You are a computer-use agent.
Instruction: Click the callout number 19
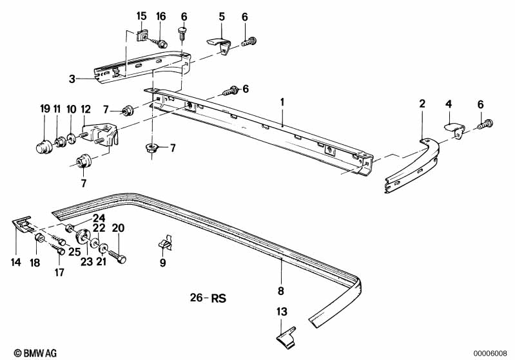[45, 109]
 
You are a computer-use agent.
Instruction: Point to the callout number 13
[282, 312]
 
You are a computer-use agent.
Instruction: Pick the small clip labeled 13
[286, 337]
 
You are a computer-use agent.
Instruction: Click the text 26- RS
[208, 298]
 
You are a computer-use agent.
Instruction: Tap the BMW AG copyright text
[35, 353]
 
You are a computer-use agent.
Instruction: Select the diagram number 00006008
[490, 353]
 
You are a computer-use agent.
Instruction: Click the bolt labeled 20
[117, 256]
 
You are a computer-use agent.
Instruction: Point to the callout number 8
[281, 290]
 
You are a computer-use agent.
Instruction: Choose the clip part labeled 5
[219, 45]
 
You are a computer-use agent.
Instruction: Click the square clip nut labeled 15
[142, 35]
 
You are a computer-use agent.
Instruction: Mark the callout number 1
[282, 102]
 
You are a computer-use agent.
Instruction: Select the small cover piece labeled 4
[454, 129]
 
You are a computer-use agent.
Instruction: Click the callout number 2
[422, 104]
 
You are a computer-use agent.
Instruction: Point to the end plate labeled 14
[23, 224]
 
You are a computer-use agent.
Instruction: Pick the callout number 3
[72, 79]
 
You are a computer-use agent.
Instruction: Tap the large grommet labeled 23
[84, 236]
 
